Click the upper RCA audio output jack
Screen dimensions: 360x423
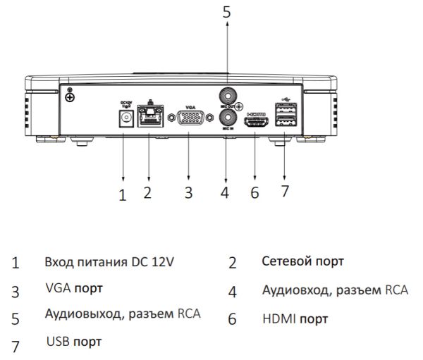point(227,93)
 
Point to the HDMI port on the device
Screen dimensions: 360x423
point(256,122)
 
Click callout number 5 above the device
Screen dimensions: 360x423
point(226,12)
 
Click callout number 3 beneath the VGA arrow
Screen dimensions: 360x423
point(188,193)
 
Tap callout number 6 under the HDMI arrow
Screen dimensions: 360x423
point(255,193)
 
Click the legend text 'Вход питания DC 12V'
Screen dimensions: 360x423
point(109,262)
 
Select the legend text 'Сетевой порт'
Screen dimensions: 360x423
point(302,261)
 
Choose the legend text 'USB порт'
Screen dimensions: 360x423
point(73,342)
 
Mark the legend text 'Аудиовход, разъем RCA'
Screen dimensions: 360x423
point(335,290)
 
